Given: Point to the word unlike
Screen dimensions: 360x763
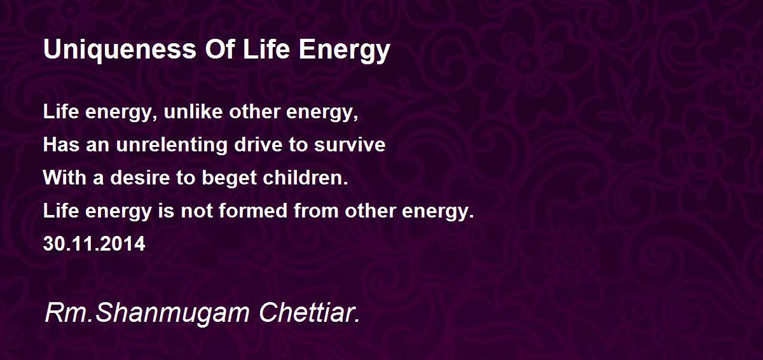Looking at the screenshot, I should [x=188, y=113].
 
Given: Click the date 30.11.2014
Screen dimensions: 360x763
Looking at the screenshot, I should [x=94, y=244].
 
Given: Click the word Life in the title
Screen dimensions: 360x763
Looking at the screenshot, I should [x=265, y=50].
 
